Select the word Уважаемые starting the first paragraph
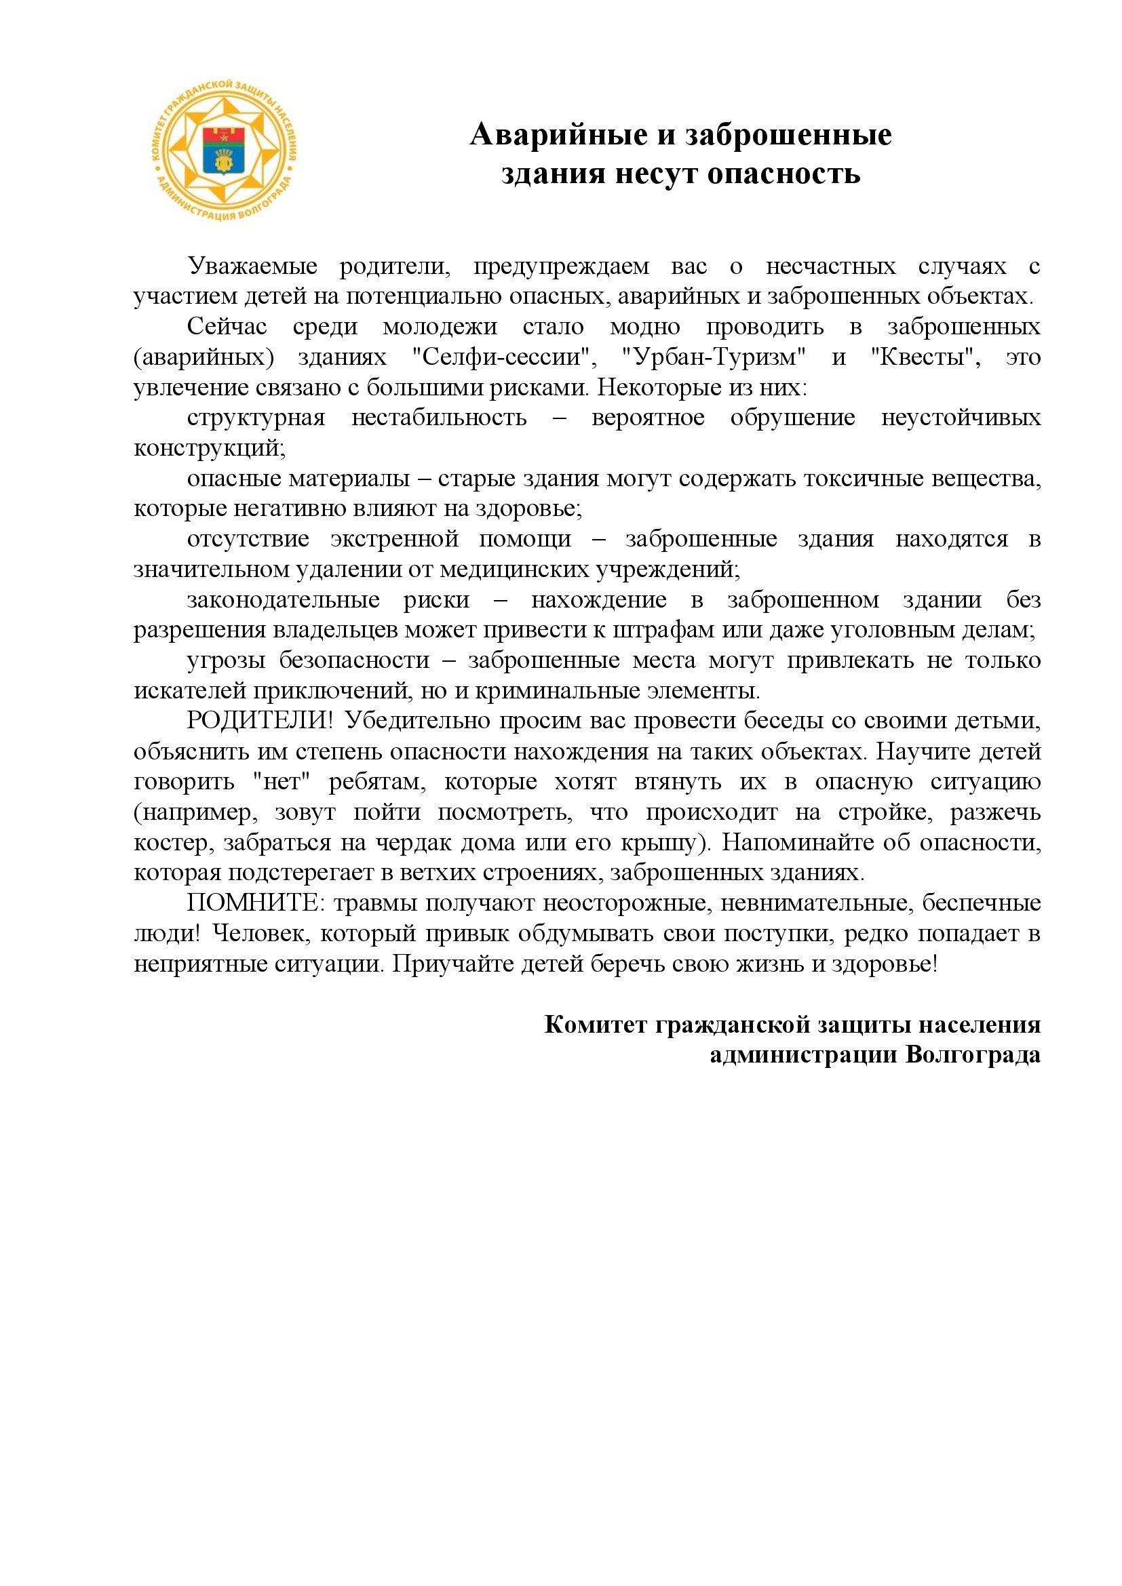click(x=252, y=266)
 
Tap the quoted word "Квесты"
click(x=927, y=357)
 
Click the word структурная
click(x=256, y=418)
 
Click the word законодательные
click(x=284, y=600)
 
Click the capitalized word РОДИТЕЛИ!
click(x=260, y=721)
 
